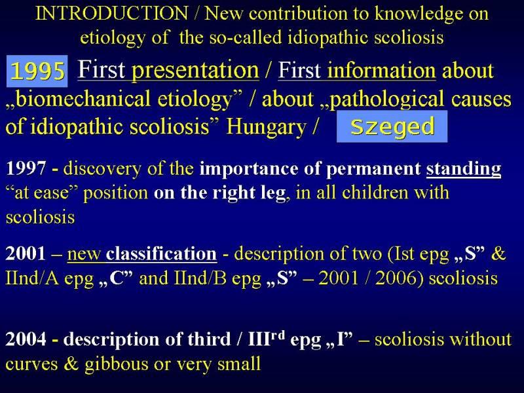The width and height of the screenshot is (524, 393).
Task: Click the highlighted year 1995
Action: coord(37,71)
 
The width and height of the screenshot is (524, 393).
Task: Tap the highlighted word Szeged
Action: coord(392,126)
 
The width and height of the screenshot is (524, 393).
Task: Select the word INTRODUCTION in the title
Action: coord(112,13)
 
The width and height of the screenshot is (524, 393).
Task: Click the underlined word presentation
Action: coord(195,71)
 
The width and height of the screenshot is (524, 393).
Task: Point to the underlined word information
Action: coord(382,70)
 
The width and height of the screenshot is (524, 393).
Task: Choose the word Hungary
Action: coord(267,127)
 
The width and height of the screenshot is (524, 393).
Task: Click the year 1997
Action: coord(26,168)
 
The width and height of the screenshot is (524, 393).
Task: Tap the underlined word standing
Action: coord(464,169)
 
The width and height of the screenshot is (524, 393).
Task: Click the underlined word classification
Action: coord(161,253)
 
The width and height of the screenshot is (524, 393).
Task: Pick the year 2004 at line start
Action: coord(26,339)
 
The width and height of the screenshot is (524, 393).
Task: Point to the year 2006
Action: coord(396,278)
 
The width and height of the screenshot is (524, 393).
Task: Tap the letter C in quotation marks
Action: coord(116,278)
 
